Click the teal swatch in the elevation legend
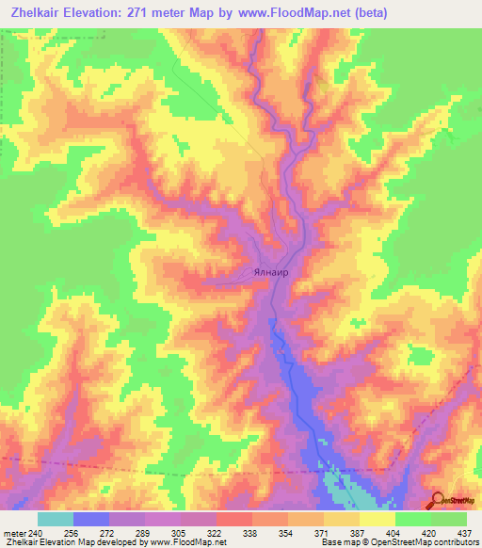click(56, 519)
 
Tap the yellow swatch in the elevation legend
click(378, 519)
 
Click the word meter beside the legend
click(13, 533)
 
